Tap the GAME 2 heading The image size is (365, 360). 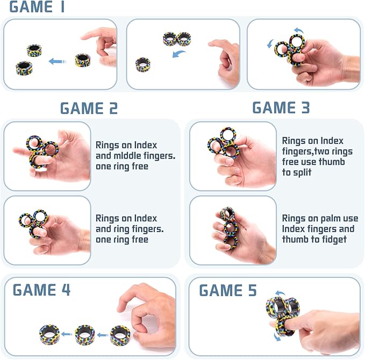pyautogui.click(x=89, y=108)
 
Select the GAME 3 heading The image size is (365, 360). pyautogui.click(x=281, y=107)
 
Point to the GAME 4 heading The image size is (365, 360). pyautogui.click(x=41, y=290)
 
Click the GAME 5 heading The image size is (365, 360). pyautogui.click(x=228, y=291)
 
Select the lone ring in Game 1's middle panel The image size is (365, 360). pyautogui.click(x=143, y=64)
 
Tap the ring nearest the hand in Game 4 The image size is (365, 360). pyautogui.click(x=119, y=334)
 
